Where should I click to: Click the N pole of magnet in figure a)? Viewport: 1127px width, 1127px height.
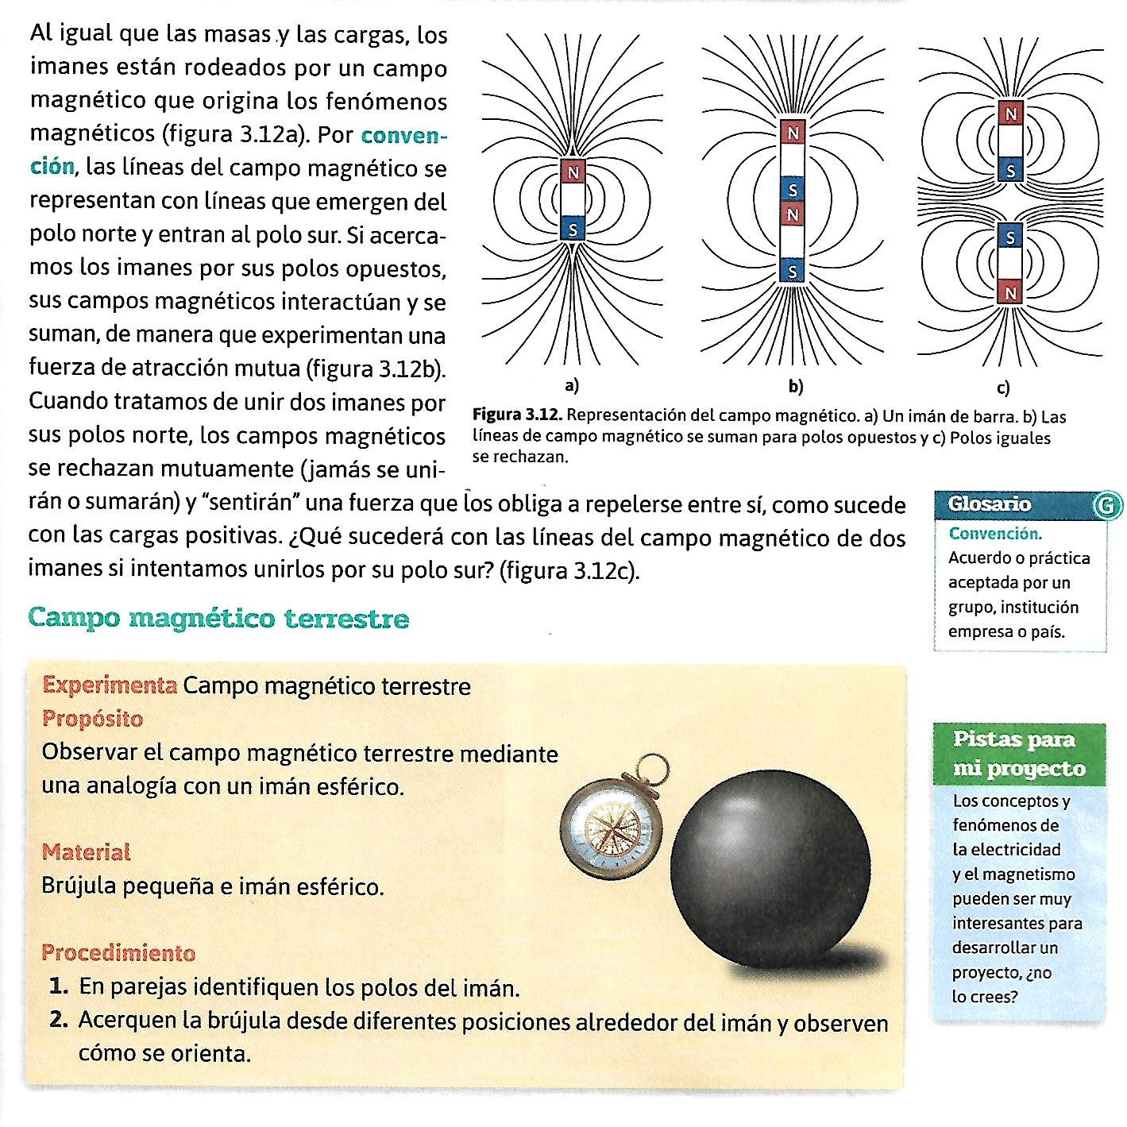click(573, 172)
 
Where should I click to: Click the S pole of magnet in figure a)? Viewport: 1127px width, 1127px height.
click(573, 230)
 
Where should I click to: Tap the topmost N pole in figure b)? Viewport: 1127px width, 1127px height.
click(793, 133)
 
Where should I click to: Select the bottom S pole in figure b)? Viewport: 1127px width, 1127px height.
click(793, 272)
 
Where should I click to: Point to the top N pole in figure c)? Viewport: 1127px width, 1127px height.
click(1010, 114)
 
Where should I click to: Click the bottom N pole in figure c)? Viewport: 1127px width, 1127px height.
click(1010, 293)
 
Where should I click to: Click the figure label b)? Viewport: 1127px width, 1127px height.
click(796, 387)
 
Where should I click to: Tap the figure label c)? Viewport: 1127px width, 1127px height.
click(1003, 388)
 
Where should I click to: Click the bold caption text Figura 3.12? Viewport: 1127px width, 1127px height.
click(517, 415)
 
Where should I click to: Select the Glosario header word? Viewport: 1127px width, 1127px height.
click(990, 504)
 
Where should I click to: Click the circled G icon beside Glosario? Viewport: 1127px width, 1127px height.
click(1106, 505)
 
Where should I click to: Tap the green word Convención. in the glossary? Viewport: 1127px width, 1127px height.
click(995, 534)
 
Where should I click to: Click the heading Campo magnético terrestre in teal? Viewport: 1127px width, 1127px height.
click(218, 618)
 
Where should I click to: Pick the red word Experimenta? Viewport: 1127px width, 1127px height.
click(110, 685)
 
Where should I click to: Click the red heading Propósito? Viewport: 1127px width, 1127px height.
click(93, 719)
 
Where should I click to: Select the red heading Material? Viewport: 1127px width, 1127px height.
click(87, 852)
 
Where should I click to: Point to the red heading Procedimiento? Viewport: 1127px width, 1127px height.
click(118, 952)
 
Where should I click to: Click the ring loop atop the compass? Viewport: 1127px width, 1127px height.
click(652, 769)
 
